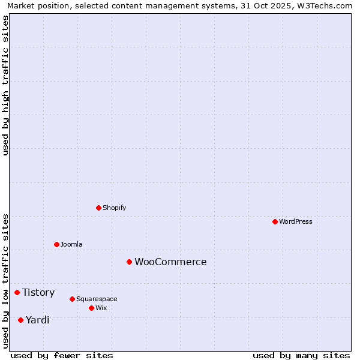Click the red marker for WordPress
[275, 221]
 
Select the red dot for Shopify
[98, 208]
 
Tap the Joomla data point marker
[56, 244]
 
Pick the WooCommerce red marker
[129, 262]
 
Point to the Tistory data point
[17, 292]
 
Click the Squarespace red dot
[72, 299]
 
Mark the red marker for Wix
[91, 308]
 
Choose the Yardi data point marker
[20, 320]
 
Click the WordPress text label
[296, 221]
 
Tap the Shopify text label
[115, 208]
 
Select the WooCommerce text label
[170, 262]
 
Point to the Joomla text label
[71, 244]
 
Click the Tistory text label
[38, 292]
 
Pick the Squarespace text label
[97, 299]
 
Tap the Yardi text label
[37, 320]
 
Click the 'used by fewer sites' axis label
[62, 355]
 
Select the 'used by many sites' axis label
[301, 355]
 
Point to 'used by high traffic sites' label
[5, 85]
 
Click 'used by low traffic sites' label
[5, 280]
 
